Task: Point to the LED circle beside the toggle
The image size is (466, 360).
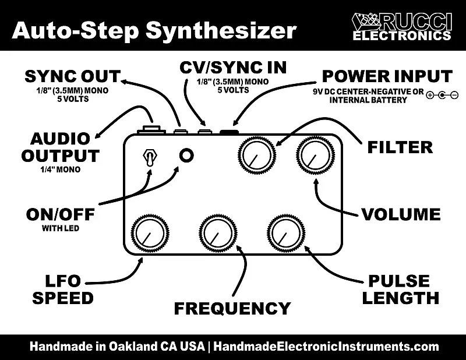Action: point(186,156)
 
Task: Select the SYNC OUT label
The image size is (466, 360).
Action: point(72,76)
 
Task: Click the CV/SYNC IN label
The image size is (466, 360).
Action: point(233,68)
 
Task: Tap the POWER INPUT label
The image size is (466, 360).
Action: point(387,76)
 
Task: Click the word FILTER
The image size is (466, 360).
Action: point(400,147)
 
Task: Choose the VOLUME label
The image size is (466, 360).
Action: point(401,214)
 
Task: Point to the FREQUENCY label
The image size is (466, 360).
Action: point(232,308)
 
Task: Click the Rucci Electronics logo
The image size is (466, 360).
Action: point(402,27)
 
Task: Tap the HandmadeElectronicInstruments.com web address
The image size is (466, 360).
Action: point(326,347)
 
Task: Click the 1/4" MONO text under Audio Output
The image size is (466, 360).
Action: point(60,170)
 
